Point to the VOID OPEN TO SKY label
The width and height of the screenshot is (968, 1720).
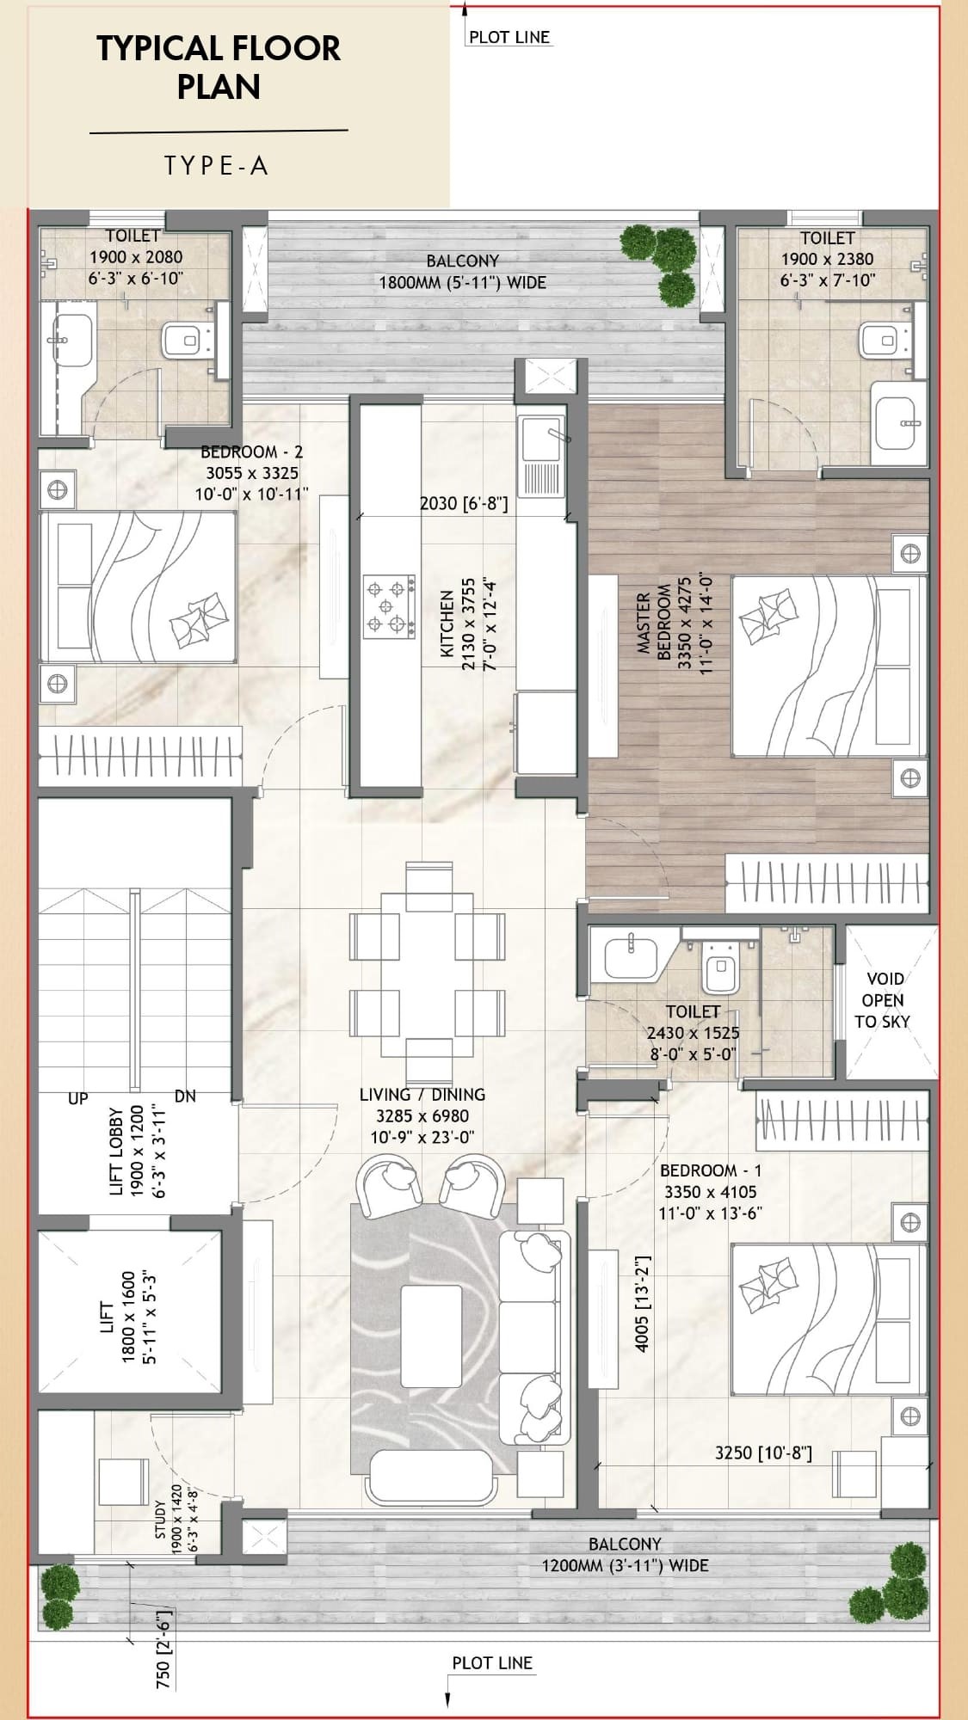click(x=883, y=1000)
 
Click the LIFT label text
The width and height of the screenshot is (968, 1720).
click(x=107, y=1317)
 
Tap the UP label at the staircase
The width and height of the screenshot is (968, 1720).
click(x=78, y=1098)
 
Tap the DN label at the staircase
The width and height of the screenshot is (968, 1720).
click(x=185, y=1096)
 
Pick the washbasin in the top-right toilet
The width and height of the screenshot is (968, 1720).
click(x=899, y=422)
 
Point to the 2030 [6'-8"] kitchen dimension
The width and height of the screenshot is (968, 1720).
click(x=464, y=503)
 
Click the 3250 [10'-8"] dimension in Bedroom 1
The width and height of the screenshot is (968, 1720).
click(x=763, y=1453)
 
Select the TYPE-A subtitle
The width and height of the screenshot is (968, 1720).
click(x=217, y=165)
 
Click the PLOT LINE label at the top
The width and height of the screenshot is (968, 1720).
click(x=509, y=37)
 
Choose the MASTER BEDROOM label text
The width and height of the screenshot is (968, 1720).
click(x=653, y=623)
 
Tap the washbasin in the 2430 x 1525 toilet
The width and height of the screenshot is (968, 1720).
click(x=632, y=956)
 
